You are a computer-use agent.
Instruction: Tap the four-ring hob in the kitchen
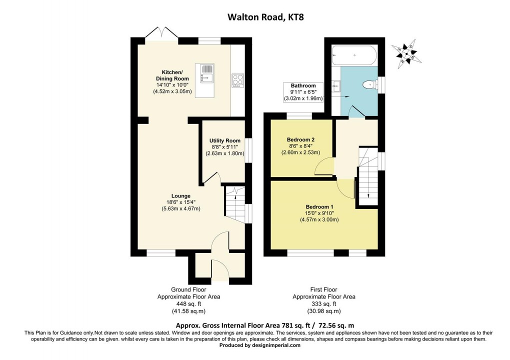coord(237,80)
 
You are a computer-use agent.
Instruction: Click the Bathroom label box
coord(303,92)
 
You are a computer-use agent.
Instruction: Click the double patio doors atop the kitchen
coord(162,33)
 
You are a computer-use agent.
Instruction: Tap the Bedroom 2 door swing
coord(324,167)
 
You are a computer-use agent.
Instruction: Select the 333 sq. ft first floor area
coord(323,303)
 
